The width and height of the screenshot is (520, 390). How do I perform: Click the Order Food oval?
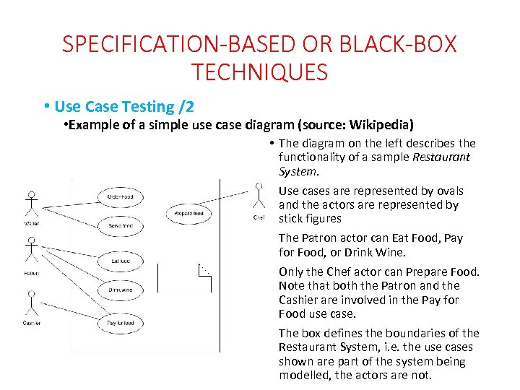tap(120, 196)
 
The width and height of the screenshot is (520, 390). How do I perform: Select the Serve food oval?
tap(120, 226)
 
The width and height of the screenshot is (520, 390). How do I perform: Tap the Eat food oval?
tap(120, 260)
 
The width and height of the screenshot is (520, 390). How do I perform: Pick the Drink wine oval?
tap(120, 290)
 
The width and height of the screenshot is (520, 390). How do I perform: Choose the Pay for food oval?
tap(120, 322)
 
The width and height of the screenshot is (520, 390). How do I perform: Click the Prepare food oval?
tap(189, 214)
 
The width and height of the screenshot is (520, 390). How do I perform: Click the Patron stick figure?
tap(31, 253)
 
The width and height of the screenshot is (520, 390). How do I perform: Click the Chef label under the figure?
tap(259, 217)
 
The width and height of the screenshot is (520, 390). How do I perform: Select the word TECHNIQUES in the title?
tap(260, 72)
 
